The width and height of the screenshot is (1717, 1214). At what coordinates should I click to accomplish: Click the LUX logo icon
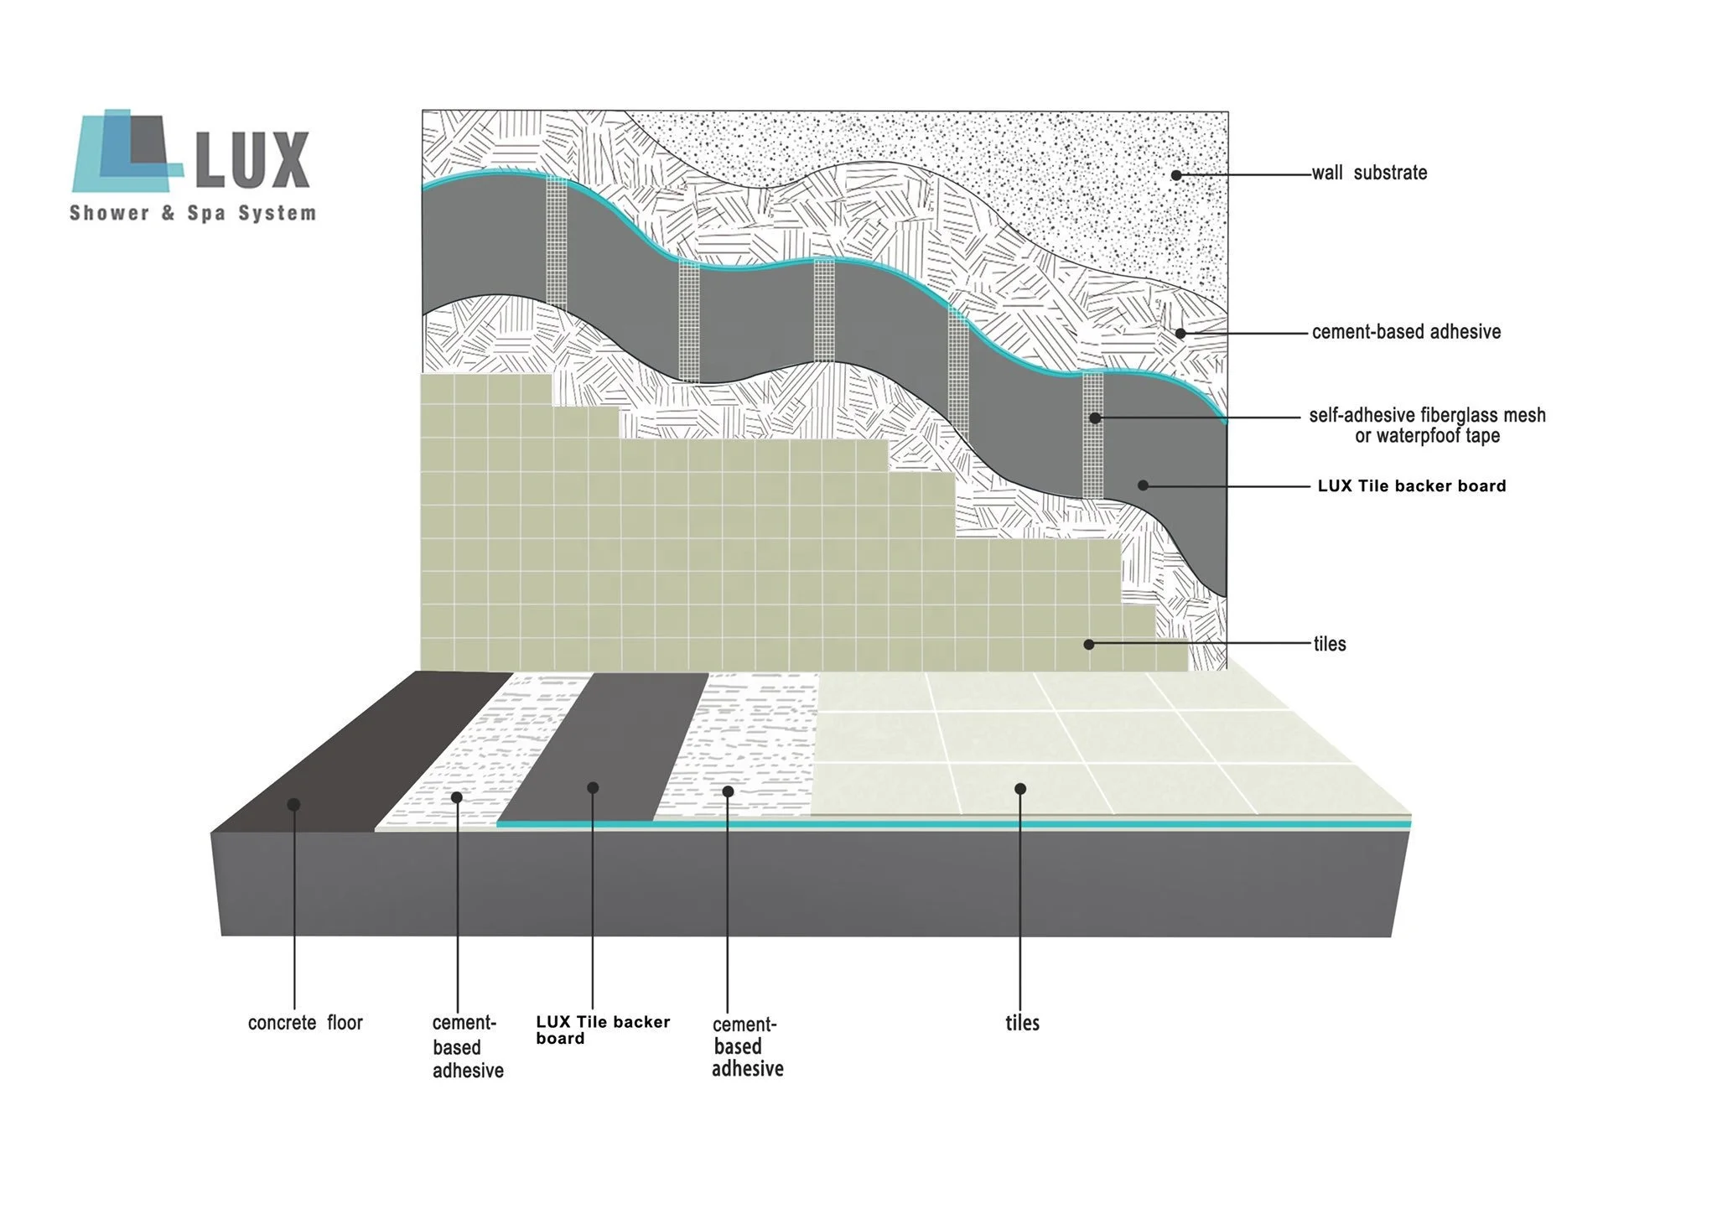point(127,151)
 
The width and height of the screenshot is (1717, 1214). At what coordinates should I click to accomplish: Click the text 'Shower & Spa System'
point(193,213)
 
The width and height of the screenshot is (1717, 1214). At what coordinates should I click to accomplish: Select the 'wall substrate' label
point(1369,174)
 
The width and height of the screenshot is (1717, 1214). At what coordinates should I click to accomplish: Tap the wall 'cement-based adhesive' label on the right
point(1406,332)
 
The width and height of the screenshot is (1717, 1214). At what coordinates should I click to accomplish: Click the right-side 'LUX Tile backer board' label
point(1412,486)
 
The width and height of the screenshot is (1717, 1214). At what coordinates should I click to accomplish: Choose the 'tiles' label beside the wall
point(1330,644)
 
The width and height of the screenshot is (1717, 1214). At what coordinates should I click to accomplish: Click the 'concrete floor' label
point(305,1023)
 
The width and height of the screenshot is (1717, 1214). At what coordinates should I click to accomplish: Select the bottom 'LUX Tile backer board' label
point(602,1030)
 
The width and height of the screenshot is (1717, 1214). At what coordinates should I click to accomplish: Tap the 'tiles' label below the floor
point(1022,1023)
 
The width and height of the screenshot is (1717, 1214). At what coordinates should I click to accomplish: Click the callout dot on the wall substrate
point(1176,175)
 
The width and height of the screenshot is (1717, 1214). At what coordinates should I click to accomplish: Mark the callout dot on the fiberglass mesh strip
point(1095,418)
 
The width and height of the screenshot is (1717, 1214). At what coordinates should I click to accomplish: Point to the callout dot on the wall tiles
point(1088,644)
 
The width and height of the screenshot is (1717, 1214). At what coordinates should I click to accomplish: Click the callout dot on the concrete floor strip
point(293,805)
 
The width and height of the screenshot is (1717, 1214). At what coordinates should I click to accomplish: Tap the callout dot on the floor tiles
point(1020,789)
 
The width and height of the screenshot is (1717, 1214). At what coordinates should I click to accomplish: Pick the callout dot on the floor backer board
point(593,788)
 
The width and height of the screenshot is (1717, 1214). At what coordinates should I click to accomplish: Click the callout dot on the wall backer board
point(1143,485)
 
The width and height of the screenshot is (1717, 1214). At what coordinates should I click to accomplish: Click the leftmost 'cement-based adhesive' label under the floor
point(467,1046)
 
